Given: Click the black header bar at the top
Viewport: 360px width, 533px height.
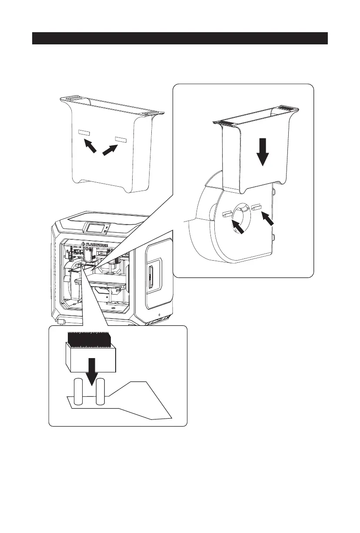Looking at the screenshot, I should [x=180, y=38].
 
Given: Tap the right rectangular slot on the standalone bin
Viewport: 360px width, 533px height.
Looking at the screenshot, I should [x=120, y=139].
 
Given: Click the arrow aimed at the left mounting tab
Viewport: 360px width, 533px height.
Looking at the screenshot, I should [x=238, y=227].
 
